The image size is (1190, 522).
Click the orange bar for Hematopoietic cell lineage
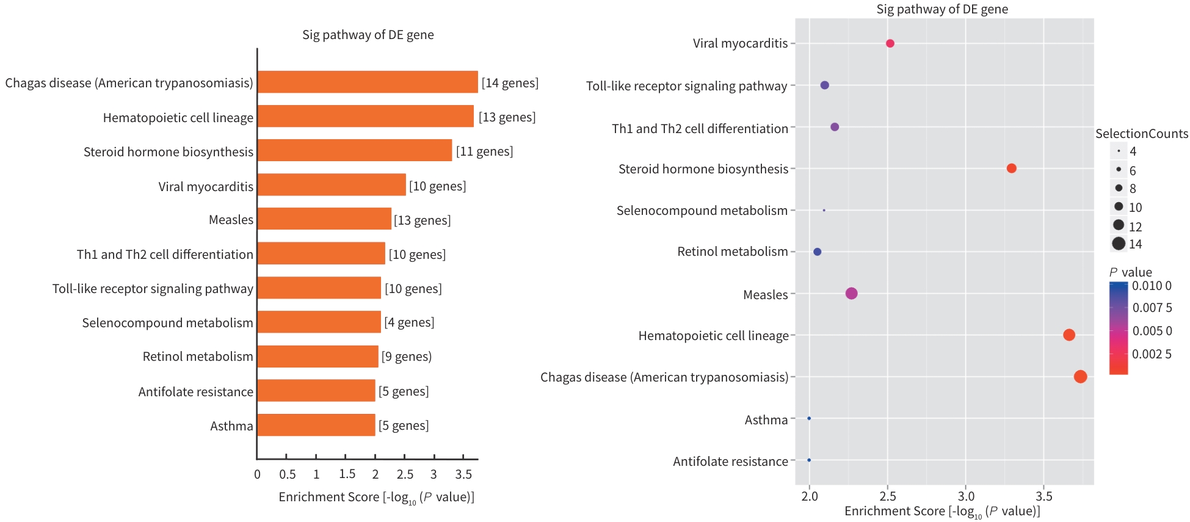point(365,117)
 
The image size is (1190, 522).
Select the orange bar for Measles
point(324,219)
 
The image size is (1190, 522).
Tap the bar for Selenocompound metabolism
point(319,322)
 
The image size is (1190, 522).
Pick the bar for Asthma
point(316,426)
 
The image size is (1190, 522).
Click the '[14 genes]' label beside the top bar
point(510,83)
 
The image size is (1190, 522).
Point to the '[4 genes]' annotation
point(409,322)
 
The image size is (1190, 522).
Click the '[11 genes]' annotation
point(484,151)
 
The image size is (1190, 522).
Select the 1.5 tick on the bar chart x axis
point(347,474)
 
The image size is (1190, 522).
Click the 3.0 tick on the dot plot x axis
point(966,496)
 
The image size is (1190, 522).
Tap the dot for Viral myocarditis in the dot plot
point(890,43)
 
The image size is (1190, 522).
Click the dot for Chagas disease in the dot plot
point(1080,377)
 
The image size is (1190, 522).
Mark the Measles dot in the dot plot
point(851,294)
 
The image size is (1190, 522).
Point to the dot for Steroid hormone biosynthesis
point(1011,169)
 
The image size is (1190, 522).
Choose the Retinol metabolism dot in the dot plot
point(818,252)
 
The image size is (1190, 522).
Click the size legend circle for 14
point(1119,244)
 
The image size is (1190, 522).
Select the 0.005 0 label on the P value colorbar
point(1152,331)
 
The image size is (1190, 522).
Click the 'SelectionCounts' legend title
point(1142,134)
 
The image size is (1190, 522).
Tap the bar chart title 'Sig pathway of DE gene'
point(368,35)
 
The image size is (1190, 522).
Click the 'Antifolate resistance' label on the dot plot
point(730,462)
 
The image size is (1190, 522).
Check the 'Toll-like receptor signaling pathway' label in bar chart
point(153,289)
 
